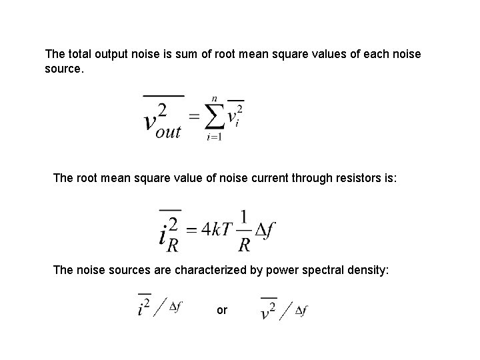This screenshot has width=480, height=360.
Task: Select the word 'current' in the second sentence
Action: (x=262, y=179)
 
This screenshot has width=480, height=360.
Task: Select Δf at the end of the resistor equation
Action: (x=265, y=230)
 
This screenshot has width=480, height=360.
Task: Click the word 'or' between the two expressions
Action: (x=222, y=310)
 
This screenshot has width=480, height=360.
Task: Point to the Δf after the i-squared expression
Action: (x=175, y=307)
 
